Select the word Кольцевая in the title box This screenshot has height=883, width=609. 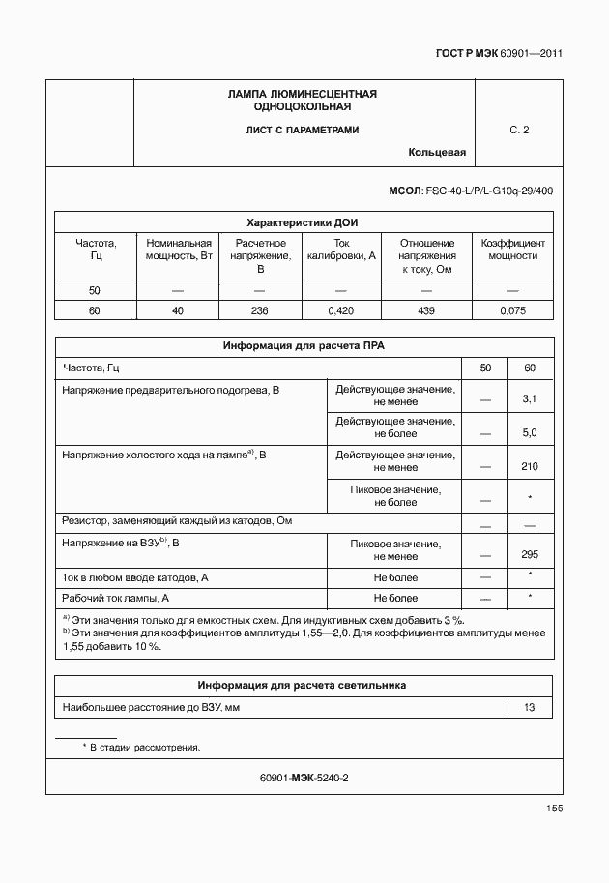tap(437, 152)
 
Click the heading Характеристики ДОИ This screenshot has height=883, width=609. tap(303, 221)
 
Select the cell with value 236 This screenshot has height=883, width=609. tap(259, 310)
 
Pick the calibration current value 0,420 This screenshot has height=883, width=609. tap(341, 310)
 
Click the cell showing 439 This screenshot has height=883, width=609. tap(427, 310)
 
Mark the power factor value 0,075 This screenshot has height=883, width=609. tap(512, 310)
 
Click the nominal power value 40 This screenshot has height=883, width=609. tap(177, 310)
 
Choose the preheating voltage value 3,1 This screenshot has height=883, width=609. tap(529, 398)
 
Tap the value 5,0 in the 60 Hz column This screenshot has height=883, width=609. tap(529, 432)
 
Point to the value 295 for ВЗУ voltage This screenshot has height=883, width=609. tap(529, 554)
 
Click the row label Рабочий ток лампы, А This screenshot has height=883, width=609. tap(116, 598)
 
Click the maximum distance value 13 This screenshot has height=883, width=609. tap(529, 707)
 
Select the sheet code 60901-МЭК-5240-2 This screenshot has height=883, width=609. tap(304, 778)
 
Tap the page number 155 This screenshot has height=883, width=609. tap(554, 809)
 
